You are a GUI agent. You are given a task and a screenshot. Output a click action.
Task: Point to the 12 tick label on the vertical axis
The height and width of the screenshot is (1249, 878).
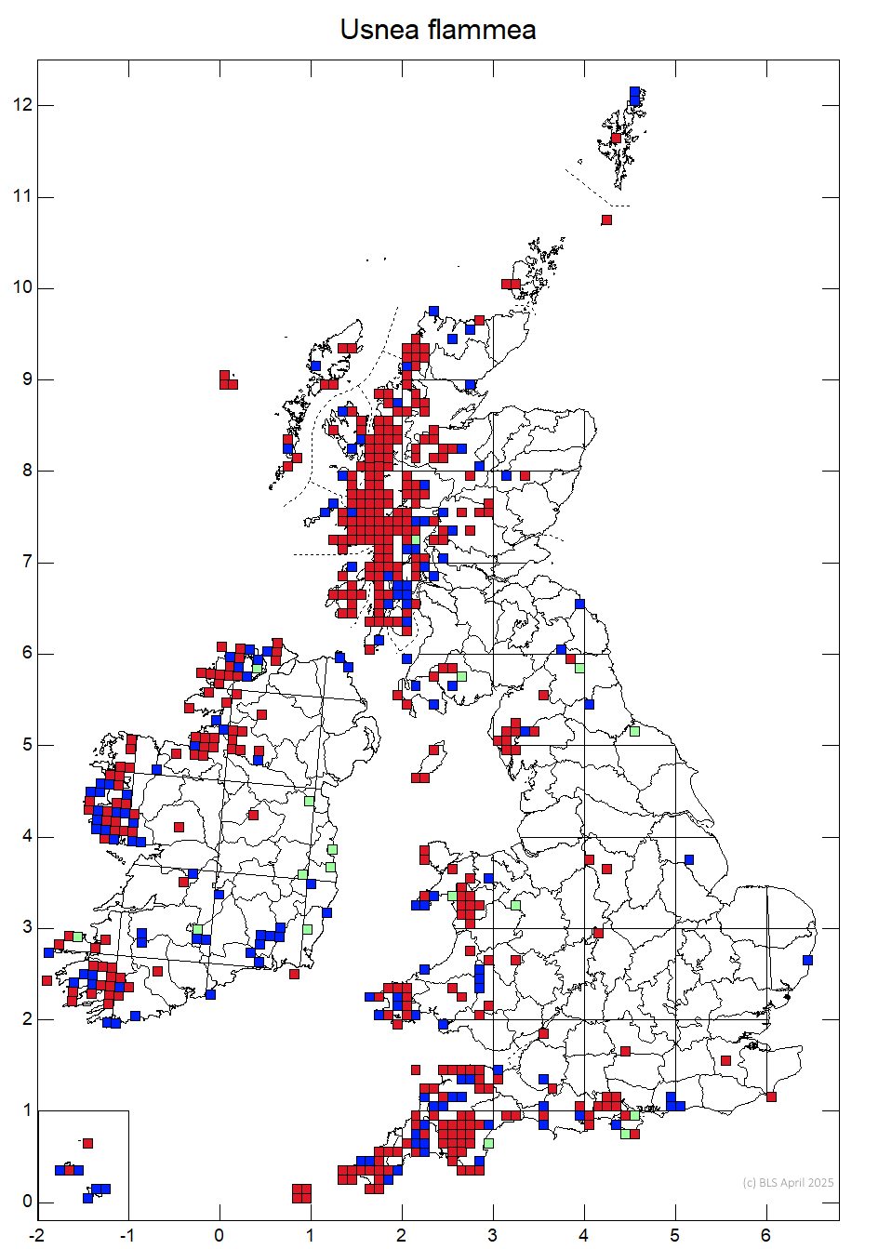[x=22, y=105]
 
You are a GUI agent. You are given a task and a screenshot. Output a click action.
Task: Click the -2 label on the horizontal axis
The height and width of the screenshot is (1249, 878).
[x=36, y=1236]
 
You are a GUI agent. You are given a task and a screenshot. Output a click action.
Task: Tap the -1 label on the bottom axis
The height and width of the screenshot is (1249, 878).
[x=127, y=1236]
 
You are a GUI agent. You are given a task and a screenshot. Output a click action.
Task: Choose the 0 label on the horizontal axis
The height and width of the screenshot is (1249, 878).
[x=219, y=1236]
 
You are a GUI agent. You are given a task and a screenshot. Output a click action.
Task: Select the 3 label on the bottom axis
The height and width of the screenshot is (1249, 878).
[x=493, y=1236]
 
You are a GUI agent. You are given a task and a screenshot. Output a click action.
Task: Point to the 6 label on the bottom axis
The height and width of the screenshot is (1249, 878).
[x=766, y=1236]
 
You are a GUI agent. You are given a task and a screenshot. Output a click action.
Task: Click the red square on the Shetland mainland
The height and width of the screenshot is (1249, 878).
[x=616, y=139]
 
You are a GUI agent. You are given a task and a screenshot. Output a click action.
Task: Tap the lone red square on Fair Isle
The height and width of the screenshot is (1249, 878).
[x=606, y=220]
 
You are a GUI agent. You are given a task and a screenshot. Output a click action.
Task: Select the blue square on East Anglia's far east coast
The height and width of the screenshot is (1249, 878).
[x=807, y=960]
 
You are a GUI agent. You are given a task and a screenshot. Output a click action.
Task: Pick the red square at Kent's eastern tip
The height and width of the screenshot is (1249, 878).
[x=771, y=1097]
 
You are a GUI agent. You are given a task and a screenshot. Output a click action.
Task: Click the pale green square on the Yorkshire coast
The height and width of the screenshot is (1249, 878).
[x=634, y=731]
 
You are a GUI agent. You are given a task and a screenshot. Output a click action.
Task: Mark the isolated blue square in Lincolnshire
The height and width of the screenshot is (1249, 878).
[x=689, y=859]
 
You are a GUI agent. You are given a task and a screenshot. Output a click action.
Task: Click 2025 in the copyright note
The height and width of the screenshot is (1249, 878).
[x=819, y=1183]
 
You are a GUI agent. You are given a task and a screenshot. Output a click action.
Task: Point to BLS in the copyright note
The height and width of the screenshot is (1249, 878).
[x=769, y=1183]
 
